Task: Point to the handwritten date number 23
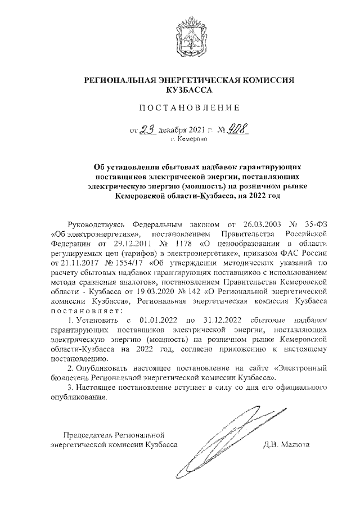point(148,130)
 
